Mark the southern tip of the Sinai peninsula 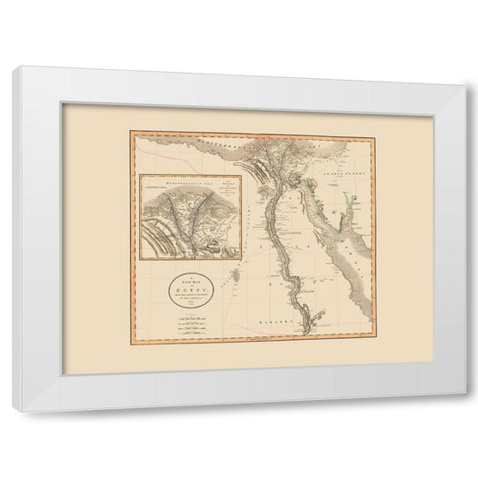click(x=334, y=222)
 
